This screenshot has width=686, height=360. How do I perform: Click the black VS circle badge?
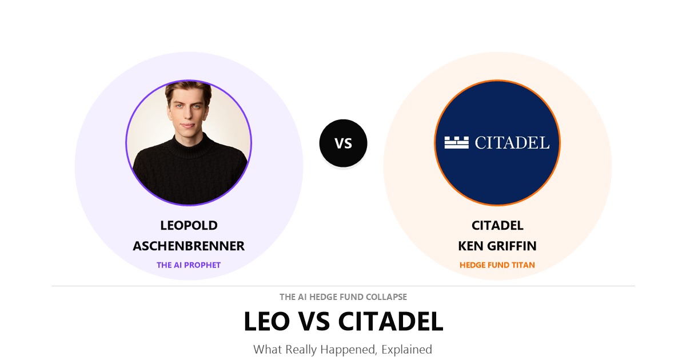343,143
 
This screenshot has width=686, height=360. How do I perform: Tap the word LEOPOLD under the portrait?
189,226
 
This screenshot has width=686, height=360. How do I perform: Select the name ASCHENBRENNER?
189,246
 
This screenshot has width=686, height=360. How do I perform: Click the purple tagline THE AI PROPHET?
189,265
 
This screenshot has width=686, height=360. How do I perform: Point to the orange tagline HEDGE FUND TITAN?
497,265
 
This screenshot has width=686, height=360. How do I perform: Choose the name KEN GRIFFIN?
497,246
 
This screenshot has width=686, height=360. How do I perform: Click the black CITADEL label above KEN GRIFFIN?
497,226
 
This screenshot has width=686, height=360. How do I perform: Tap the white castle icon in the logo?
456,143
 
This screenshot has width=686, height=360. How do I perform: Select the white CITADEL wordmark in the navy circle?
512,143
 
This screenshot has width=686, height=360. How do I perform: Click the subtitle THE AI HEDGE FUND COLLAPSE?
343,297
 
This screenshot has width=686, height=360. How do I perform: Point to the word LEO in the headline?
266,321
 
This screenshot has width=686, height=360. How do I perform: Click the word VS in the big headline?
314,321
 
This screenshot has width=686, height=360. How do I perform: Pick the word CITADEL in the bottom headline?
390,321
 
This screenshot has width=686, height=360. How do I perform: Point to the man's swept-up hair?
188,90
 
